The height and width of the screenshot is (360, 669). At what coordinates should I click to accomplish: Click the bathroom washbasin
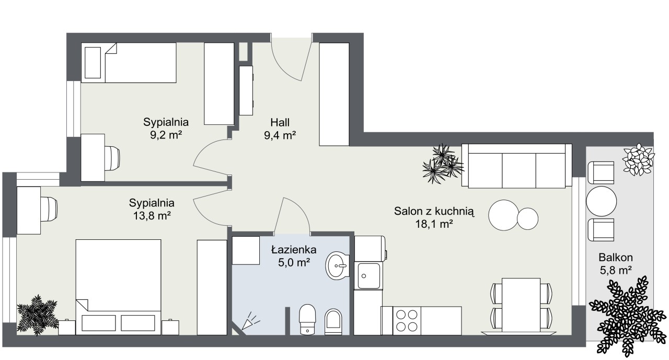coord(338,265)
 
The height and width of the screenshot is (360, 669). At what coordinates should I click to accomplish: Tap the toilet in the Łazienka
coord(307,319)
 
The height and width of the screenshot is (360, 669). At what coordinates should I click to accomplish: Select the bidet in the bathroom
coord(333,322)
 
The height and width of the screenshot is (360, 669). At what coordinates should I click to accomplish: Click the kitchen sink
coord(369,275)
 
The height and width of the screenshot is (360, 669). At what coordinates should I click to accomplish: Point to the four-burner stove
coord(407,321)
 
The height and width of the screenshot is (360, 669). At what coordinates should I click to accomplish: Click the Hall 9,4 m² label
coord(280,129)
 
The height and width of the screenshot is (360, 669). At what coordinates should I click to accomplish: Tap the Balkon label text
coord(616,257)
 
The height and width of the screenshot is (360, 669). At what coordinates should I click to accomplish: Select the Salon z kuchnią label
coord(434,211)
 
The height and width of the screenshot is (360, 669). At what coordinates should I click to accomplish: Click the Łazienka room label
coord(294,250)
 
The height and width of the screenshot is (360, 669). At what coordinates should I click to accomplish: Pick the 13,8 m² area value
coord(152,215)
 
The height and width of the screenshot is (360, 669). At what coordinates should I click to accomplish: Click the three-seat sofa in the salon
coord(517,166)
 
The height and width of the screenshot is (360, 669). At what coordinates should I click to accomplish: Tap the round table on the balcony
coord(601,201)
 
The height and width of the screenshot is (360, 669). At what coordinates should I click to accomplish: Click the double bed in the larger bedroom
coord(118,287)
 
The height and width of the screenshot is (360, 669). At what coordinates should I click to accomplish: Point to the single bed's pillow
coord(93,63)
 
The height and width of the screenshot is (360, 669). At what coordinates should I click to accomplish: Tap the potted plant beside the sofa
coord(443,164)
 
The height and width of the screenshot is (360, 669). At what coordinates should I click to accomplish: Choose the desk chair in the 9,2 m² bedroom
coord(112,158)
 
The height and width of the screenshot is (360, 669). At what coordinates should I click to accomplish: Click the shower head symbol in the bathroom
coord(250,321)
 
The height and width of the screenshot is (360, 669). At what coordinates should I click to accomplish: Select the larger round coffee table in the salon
coord(503,215)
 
